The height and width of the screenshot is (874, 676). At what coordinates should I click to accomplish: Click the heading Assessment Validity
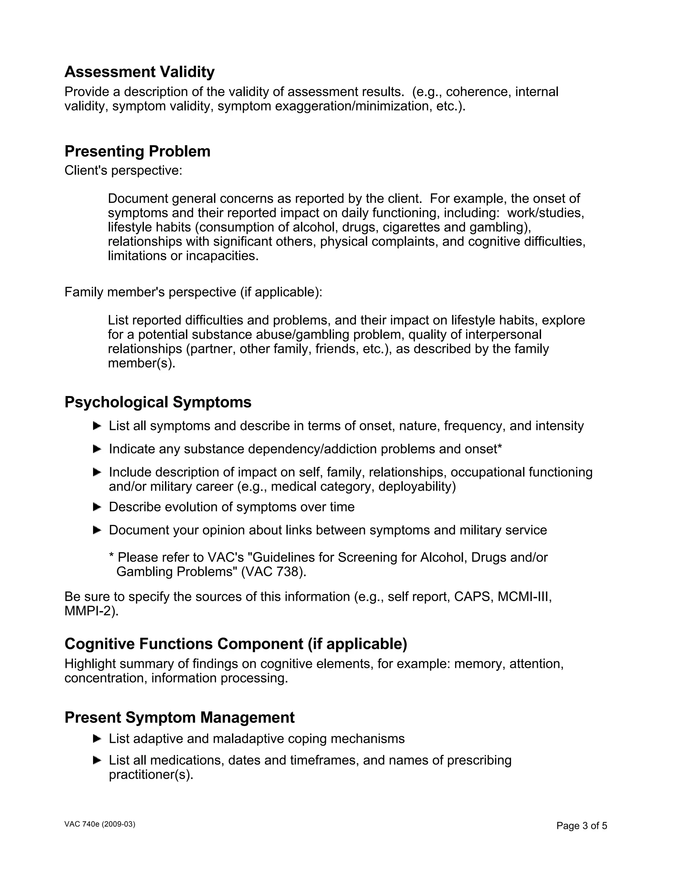tap(139, 72)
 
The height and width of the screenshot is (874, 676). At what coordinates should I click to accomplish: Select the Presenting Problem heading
tap(137, 151)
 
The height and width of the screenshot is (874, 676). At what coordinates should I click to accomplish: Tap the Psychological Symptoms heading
tap(158, 402)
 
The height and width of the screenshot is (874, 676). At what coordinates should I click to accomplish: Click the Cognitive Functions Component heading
tap(235, 644)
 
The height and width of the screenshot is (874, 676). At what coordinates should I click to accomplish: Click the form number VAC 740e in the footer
tap(100, 825)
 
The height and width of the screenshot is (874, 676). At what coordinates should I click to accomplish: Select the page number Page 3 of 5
tap(582, 826)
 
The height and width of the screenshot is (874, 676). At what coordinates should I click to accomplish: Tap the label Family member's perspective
tap(193, 292)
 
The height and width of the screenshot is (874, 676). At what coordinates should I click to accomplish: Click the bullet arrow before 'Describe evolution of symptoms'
tap(97, 507)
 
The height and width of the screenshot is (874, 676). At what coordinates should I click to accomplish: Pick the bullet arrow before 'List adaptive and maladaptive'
tap(97, 739)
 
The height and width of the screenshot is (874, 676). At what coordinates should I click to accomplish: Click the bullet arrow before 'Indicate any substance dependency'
tap(97, 449)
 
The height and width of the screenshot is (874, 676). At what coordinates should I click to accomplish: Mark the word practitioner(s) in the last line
tap(151, 775)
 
